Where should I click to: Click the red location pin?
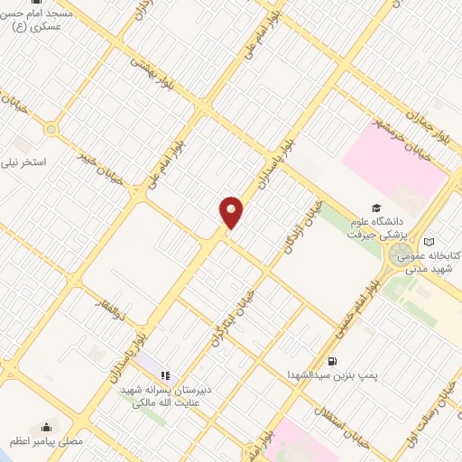[231, 212]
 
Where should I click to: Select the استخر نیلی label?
[28, 162]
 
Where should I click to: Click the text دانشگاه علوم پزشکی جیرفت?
[379, 226]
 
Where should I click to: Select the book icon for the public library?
[429, 241]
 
